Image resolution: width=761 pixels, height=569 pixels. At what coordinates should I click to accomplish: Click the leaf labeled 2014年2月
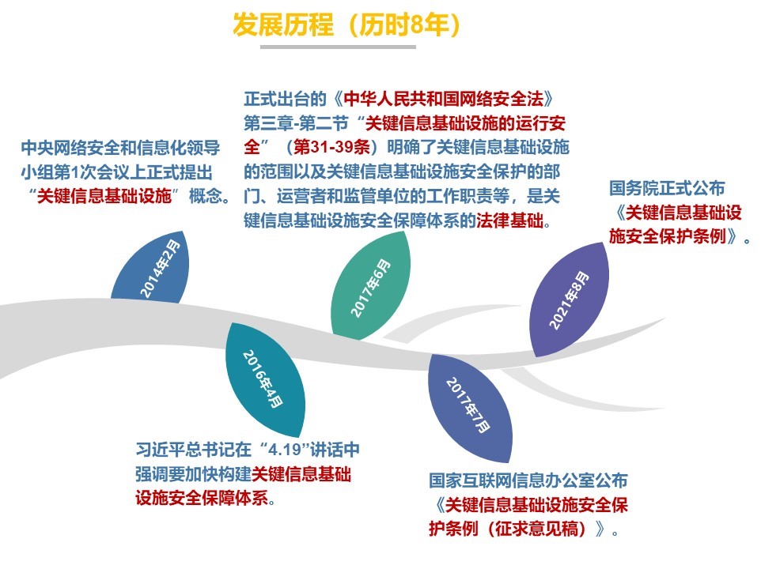click(151, 269)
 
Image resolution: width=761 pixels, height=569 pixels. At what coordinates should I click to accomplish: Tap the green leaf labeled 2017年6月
click(370, 286)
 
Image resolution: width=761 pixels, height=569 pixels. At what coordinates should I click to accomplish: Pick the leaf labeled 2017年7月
click(469, 408)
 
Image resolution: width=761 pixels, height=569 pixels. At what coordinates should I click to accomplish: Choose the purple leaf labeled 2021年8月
click(569, 300)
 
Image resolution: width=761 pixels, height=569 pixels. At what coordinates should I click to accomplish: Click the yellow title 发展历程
click(283, 24)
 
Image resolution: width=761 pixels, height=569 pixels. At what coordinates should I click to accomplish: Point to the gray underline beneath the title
click(338, 47)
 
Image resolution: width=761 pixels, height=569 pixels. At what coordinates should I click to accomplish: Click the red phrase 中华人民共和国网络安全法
click(443, 99)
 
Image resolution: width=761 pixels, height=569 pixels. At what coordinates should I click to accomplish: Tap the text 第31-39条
click(332, 147)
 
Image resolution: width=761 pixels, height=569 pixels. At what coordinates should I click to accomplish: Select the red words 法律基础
click(509, 220)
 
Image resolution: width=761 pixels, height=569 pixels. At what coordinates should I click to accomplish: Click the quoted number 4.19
click(286, 450)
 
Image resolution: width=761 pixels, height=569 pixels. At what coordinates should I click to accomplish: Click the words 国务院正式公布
click(667, 188)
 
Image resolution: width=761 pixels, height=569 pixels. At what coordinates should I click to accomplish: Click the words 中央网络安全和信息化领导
click(120, 147)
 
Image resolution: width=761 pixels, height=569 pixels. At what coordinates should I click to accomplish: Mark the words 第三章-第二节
click(296, 123)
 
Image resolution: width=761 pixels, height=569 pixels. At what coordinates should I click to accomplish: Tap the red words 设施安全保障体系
click(202, 498)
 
